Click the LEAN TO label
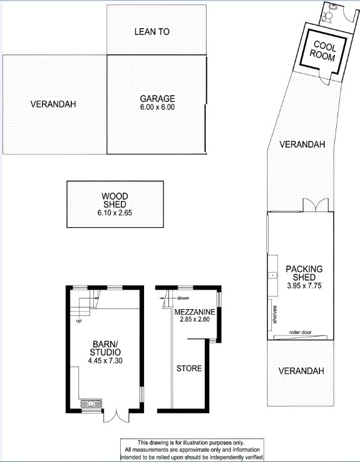152,31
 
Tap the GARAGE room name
157,98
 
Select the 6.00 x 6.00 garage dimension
157,107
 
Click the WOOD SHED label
115,200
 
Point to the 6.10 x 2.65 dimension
115,213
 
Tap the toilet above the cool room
327,16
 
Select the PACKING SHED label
304,273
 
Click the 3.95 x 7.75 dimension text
304,285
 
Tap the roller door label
301,332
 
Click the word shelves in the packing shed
275,315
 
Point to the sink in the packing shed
273,275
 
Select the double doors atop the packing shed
316,205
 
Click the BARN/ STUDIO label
105,348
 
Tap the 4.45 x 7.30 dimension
105,360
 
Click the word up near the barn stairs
79,321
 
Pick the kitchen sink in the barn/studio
91,403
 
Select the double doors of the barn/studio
116,416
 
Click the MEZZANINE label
195,312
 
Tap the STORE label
189,369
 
